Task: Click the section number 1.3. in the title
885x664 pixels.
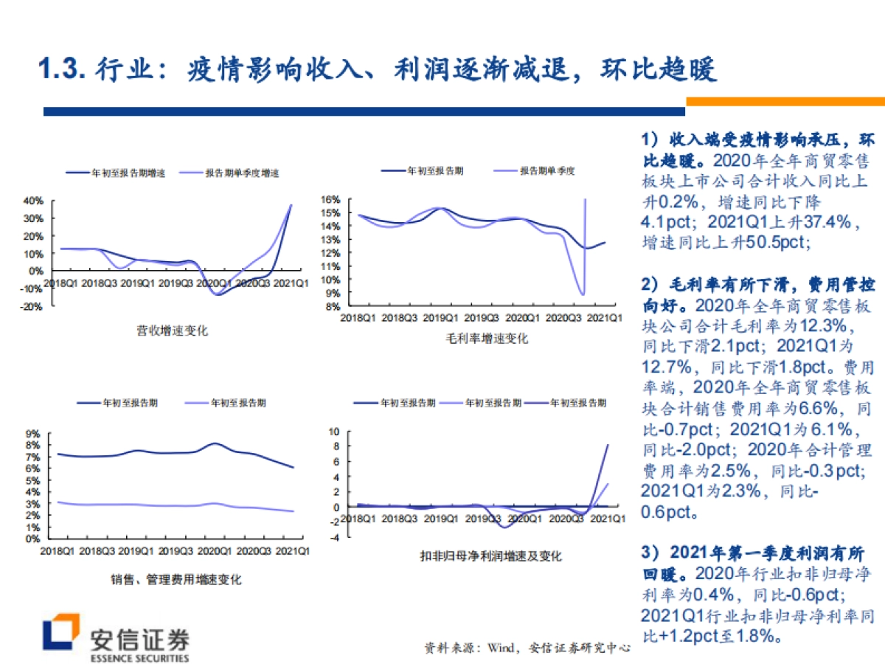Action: (63, 70)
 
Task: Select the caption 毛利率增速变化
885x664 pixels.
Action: (487, 339)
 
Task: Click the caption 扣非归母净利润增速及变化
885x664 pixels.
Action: (490, 556)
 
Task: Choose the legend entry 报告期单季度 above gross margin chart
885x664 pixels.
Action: (546, 170)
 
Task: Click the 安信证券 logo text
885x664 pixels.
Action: (139, 638)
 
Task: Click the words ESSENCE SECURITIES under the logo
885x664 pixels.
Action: (139, 657)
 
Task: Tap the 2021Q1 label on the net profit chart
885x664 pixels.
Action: (610, 519)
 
